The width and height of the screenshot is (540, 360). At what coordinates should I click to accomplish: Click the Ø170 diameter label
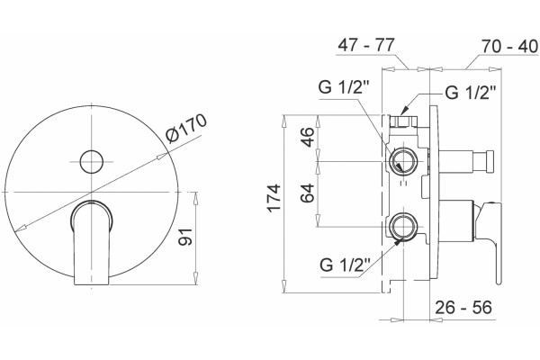(x=186, y=127)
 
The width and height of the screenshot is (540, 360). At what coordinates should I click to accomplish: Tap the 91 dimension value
(x=185, y=237)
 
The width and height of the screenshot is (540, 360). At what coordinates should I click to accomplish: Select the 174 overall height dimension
(x=274, y=198)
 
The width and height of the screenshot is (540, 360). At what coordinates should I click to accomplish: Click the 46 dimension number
(x=307, y=137)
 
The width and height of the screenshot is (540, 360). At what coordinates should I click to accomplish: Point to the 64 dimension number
(x=307, y=193)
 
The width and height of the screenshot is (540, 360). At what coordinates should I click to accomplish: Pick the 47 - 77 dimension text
(x=365, y=45)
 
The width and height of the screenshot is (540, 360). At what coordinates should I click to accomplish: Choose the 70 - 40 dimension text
(x=509, y=46)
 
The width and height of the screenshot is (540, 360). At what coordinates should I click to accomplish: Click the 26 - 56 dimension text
(x=463, y=307)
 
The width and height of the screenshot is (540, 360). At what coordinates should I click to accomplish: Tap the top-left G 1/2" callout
(x=344, y=86)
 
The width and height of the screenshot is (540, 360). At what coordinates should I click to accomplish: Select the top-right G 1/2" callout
(x=471, y=93)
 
